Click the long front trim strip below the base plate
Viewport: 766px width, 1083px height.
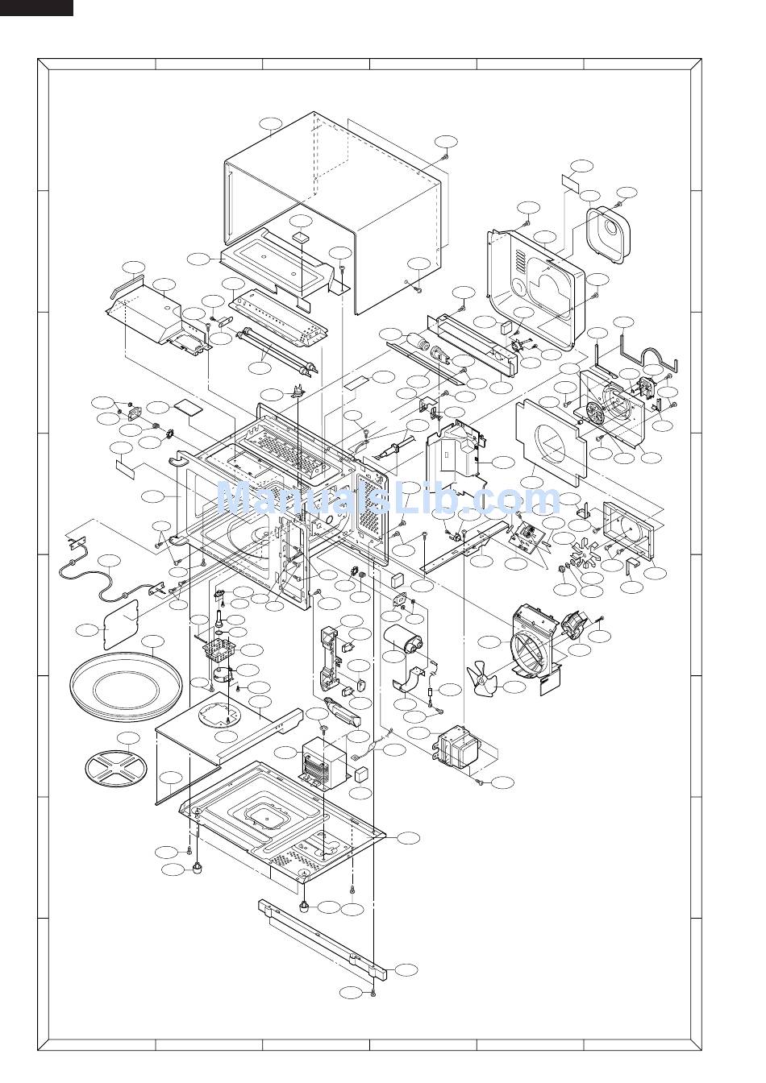click(323, 934)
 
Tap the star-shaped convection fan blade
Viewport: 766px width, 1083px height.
click(585, 553)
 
